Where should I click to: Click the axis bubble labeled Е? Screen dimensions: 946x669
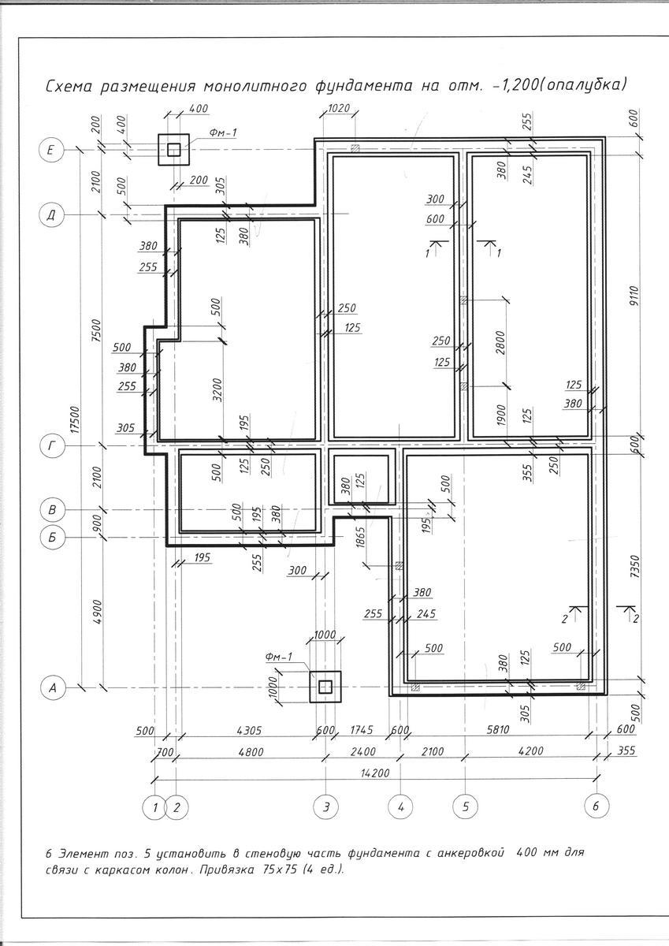pyautogui.click(x=52, y=149)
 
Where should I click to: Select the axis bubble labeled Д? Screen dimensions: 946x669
pyautogui.click(x=52, y=214)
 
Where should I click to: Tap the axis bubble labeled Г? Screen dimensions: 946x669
pyautogui.click(x=52, y=447)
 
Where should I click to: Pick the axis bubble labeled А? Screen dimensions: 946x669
pyautogui.click(x=52, y=688)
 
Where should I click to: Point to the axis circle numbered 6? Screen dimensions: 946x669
pyautogui.click(x=597, y=806)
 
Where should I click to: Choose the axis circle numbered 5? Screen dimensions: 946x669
pyautogui.click(x=465, y=806)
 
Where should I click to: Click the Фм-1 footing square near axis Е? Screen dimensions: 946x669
pyautogui.click(x=173, y=148)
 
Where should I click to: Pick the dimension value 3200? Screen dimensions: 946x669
pyautogui.click(x=217, y=389)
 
